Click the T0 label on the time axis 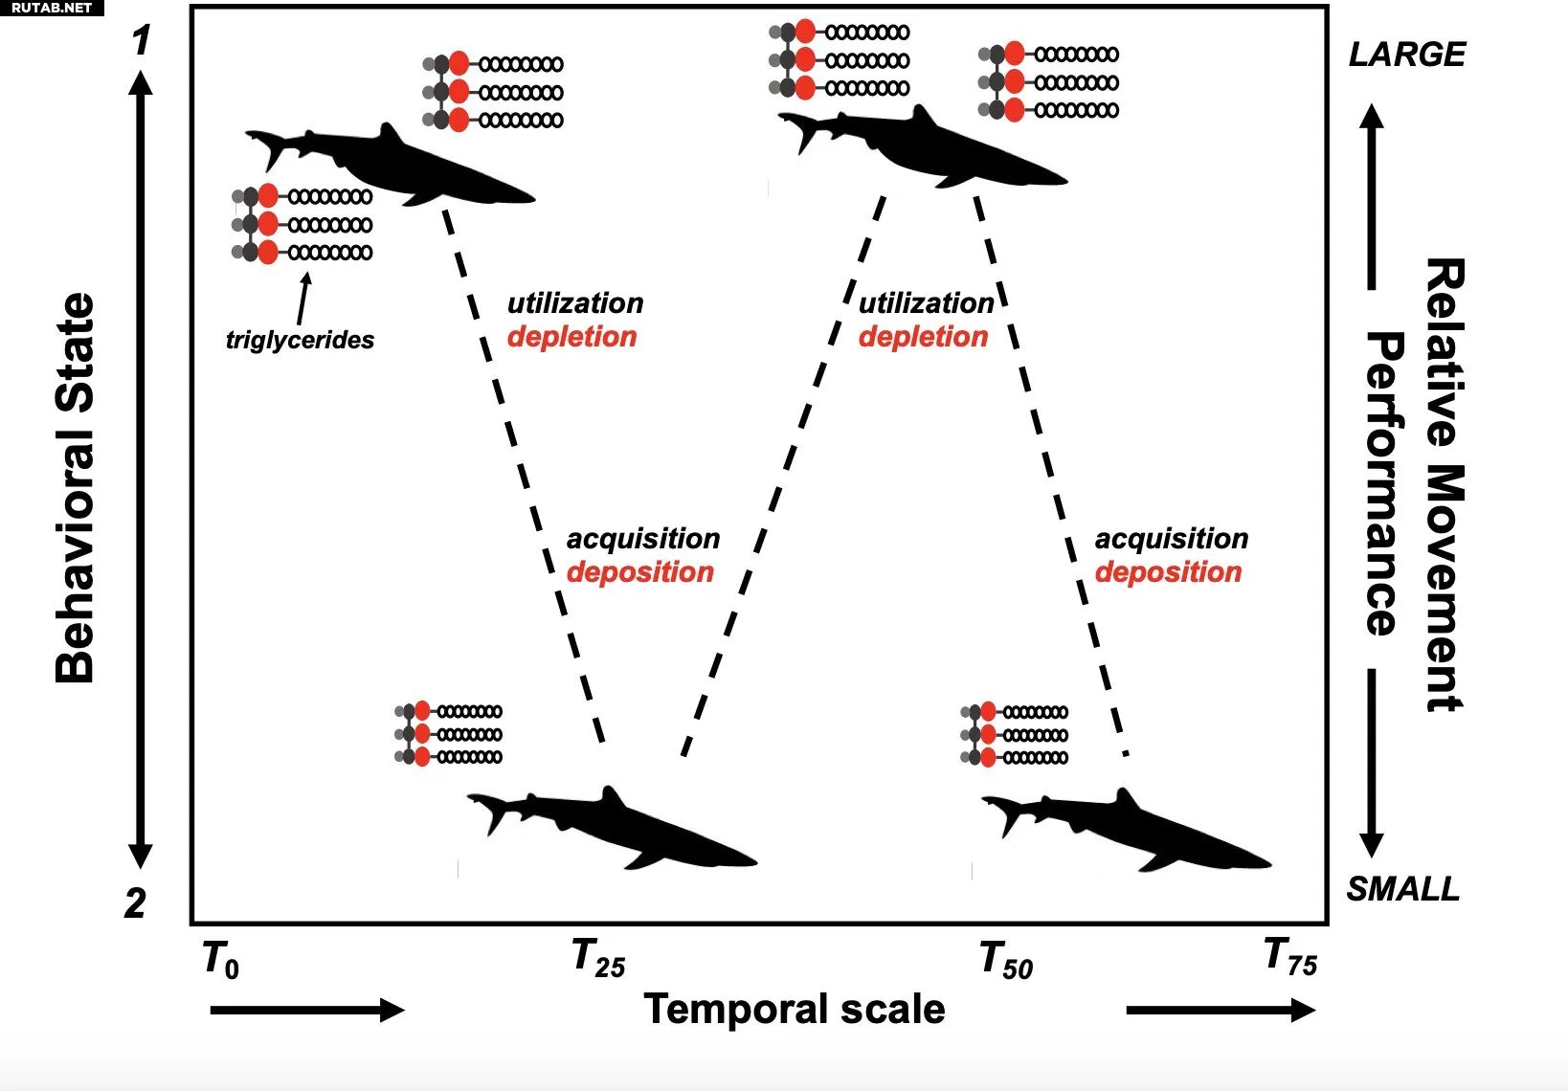click(x=221, y=960)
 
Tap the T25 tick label click(x=598, y=959)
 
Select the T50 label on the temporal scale click(x=1006, y=960)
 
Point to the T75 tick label click(x=1290, y=957)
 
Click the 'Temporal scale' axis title click(x=794, y=1010)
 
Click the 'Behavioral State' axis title click(x=75, y=488)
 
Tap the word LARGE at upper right click(x=1406, y=55)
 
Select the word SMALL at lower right click(x=1403, y=889)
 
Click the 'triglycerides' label click(x=300, y=340)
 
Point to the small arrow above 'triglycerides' click(x=303, y=300)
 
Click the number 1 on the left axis click(x=142, y=41)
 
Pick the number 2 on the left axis click(x=136, y=903)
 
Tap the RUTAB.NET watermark click(x=52, y=8)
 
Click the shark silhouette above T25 click(x=613, y=829)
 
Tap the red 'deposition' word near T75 click(x=1168, y=572)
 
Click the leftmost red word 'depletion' click(x=571, y=337)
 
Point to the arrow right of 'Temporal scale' click(x=1221, y=1010)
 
